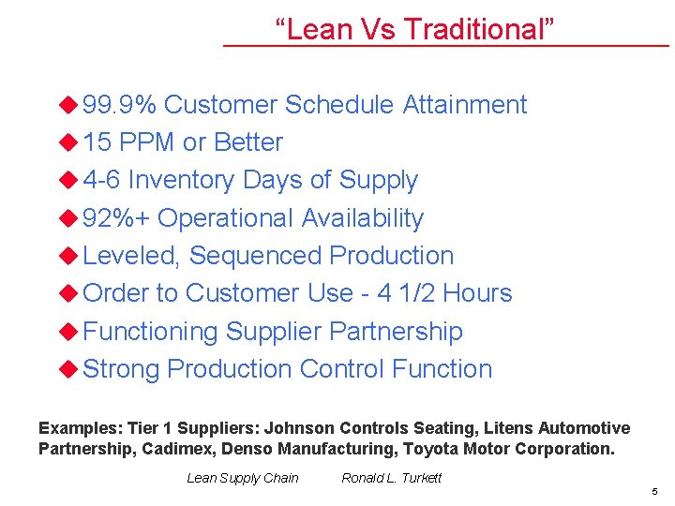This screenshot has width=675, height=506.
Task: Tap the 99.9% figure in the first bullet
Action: (x=120, y=105)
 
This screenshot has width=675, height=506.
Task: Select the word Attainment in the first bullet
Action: (x=465, y=105)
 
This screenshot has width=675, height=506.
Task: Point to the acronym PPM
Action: (x=147, y=142)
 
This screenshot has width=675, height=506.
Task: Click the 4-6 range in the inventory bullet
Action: (x=101, y=180)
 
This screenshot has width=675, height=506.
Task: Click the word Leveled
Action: (x=132, y=256)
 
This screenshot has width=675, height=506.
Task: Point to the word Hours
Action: (x=477, y=293)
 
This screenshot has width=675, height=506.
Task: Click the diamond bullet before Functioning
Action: (x=67, y=331)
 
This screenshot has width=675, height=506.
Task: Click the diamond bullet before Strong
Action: (x=67, y=368)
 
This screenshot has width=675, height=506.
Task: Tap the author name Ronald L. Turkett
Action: (x=391, y=478)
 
